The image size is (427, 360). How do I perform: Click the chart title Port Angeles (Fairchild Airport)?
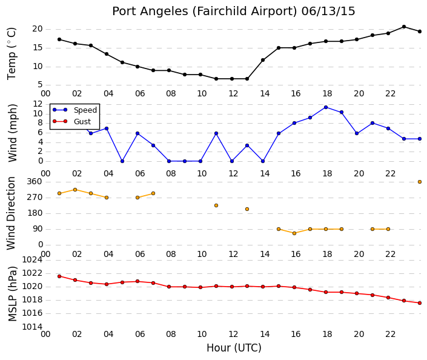point(205,12)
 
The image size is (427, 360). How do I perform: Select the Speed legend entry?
point(74,110)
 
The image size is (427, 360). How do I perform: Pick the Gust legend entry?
point(71,121)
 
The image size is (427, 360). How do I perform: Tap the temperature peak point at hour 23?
point(404,27)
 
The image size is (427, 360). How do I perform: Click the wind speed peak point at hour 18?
point(326,107)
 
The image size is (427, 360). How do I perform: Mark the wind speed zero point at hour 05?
point(122,161)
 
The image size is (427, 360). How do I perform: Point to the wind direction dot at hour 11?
point(216,205)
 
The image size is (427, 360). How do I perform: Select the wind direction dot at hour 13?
point(247,209)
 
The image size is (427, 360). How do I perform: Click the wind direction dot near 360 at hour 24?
point(420,182)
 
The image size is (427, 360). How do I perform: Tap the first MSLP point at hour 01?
point(59,276)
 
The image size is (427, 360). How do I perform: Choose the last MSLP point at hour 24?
point(420,303)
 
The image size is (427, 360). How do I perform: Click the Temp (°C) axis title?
point(12,54)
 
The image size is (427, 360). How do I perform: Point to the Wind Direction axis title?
point(11,213)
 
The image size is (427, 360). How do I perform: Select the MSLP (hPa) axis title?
point(12,294)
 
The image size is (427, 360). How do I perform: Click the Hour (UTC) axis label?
point(234,348)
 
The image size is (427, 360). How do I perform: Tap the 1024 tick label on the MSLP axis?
point(32,260)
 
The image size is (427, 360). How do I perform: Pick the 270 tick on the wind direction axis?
point(35,198)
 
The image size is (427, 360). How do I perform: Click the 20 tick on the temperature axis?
point(38,29)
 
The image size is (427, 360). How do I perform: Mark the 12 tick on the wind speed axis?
point(38,104)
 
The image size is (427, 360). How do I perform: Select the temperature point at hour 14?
point(263,60)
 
